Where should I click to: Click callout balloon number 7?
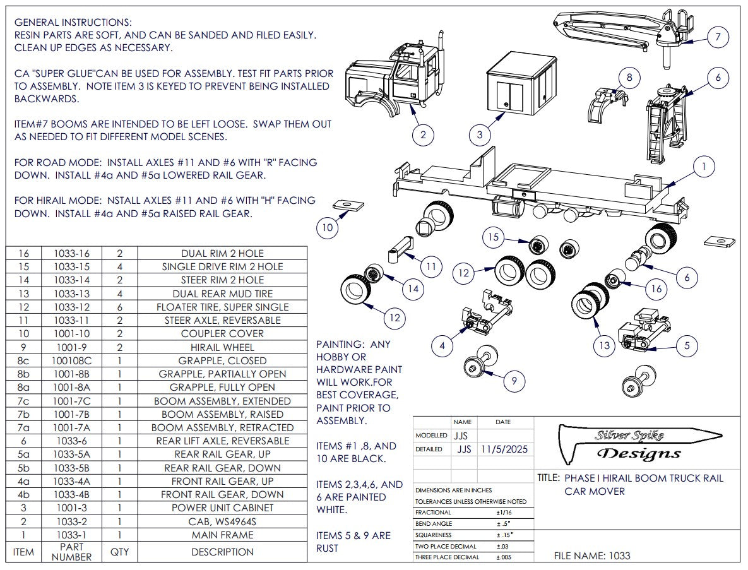pyautogui.click(x=718, y=37)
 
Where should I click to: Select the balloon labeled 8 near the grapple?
pyautogui.click(x=629, y=78)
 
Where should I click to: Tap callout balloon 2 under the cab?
pyautogui.click(x=423, y=134)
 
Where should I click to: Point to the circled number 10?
pyautogui.click(x=326, y=228)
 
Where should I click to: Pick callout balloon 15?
pyautogui.click(x=494, y=237)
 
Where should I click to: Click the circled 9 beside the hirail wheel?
pyautogui.click(x=514, y=380)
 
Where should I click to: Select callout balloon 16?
pyautogui.click(x=656, y=288)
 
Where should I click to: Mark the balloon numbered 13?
pyautogui.click(x=605, y=345)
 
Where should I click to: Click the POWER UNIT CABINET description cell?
pyautogui.click(x=222, y=508)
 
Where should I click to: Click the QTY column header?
pyautogui.click(x=119, y=552)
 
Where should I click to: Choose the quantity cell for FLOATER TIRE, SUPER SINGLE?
pyautogui.click(x=119, y=307)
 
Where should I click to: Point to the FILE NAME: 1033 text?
pyautogui.click(x=591, y=556)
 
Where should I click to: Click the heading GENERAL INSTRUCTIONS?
pyautogui.click(x=73, y=22)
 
